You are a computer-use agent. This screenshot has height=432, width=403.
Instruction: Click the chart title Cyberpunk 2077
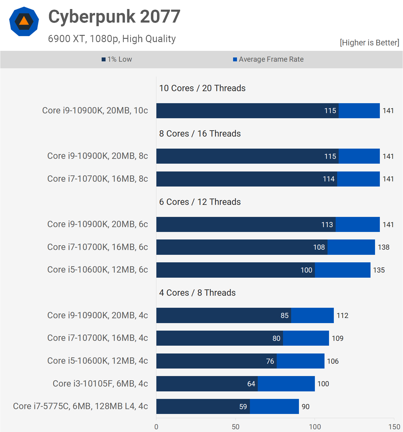(114, 17)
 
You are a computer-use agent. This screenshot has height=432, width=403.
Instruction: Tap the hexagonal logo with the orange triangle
(24, 21)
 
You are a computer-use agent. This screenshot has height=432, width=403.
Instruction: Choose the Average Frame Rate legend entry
(268, 59)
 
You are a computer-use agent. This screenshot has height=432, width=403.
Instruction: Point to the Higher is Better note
(369, 43)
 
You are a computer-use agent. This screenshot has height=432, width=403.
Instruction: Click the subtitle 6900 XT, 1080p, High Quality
(112, 39)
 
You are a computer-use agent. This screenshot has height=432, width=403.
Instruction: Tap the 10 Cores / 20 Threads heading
(202, 88)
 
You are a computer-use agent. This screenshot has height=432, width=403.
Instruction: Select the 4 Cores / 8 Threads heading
(197, 293)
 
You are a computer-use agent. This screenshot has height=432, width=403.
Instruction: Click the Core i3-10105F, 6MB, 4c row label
(100, 384)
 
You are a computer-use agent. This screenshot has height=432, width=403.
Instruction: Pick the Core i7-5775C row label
(80, 406)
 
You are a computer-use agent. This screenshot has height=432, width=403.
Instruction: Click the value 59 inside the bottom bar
(243, 407)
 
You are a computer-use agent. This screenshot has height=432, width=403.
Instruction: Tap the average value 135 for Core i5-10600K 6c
(379, 270)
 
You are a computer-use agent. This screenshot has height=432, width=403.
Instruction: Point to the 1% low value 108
(319, 247)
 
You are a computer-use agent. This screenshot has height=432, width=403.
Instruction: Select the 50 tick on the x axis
(235, 427)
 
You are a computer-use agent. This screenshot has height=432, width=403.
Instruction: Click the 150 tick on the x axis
(394, 427)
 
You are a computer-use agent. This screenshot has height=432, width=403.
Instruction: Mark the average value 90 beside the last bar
(306, 407)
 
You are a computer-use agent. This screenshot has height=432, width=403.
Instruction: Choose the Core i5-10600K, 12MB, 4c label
(97, 361)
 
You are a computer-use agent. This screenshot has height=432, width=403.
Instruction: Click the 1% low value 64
(251, 384)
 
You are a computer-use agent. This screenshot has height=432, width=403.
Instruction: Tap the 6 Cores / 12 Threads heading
(200, 202)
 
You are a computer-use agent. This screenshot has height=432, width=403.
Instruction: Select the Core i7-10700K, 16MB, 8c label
(97, 179)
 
